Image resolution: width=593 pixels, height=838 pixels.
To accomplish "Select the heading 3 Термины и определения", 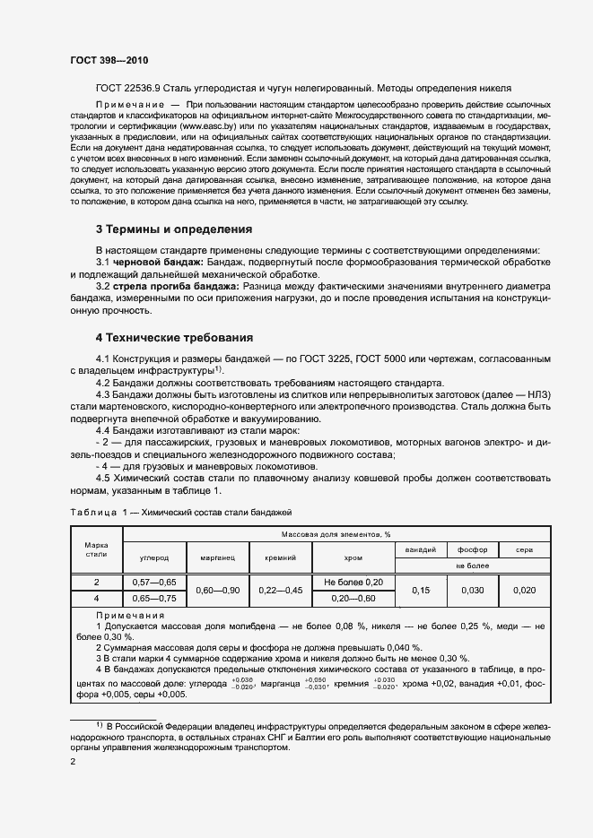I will (173, 229).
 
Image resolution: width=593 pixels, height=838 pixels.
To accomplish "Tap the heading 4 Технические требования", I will (174, 338).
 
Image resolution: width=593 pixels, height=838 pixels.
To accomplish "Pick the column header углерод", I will (153, 557).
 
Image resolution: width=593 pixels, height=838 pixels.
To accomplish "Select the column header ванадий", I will (420, 549).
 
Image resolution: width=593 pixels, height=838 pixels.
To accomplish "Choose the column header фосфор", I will (471, 549).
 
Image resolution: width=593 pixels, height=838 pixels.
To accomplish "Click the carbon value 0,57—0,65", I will (153, 582).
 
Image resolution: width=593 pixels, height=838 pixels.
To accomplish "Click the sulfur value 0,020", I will (523, 590).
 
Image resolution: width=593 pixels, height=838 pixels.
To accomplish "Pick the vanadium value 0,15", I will (420, 590).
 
